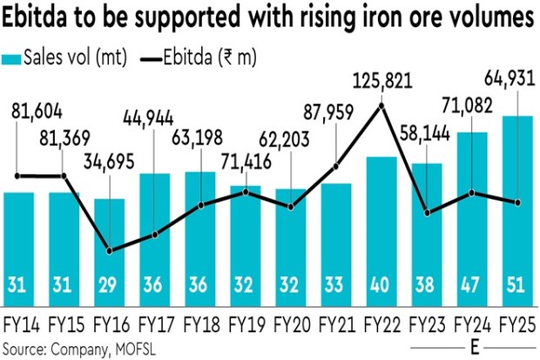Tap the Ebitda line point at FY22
tap(381, 105)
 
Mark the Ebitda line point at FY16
tap(110, 251)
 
